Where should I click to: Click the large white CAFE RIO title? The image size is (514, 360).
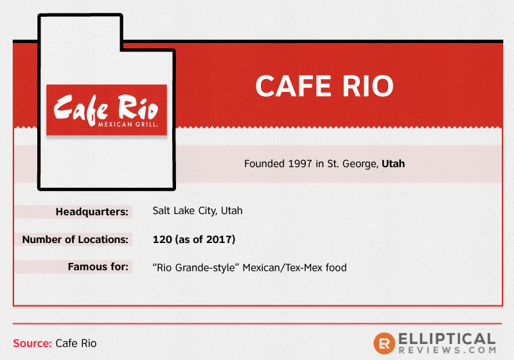(x=324, y=86)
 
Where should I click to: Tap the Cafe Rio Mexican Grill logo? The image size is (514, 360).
(x=107, y=110)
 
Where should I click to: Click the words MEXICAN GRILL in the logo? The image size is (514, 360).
(x=128, y=124)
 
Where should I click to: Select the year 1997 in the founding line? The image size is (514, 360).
(x=300, y=163)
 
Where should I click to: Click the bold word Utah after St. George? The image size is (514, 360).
(x=393, y=163)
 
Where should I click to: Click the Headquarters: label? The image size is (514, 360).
(x=92, y=212)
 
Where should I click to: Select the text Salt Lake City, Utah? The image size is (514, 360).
(x=197, y=210)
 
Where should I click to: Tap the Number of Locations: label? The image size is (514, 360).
(x=75, y=239)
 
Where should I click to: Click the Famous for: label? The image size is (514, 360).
(x=98, y=267)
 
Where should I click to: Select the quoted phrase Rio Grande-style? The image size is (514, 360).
(x=196, y=267)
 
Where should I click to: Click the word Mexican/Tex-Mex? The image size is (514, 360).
(x=283, y=267)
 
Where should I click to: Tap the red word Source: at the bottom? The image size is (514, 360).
(x=32, y=343)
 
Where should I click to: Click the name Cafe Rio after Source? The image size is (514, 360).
(x=76, y=343)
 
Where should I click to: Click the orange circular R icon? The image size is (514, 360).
(x=384, y=343)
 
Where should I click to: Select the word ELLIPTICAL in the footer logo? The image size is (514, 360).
(x=447, y=339)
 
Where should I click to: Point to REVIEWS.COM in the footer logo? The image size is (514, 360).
(x=447, y=350)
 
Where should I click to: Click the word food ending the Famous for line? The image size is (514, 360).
(x=336, y=267)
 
